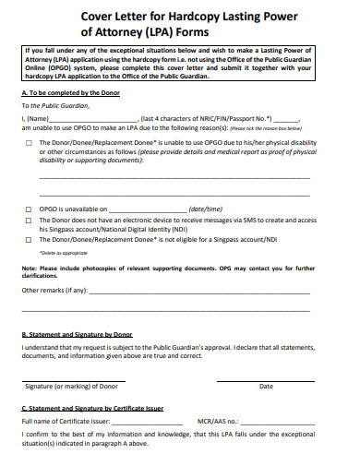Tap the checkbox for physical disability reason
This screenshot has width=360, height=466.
(29, 143)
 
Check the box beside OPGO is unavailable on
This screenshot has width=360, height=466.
(29, 209)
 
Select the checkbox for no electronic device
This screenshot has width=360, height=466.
(29, 222)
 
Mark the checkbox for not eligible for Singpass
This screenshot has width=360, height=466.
(29, 240)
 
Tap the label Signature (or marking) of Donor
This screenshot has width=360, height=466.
(71, 386)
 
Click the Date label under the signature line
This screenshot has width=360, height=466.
(266, 386)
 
